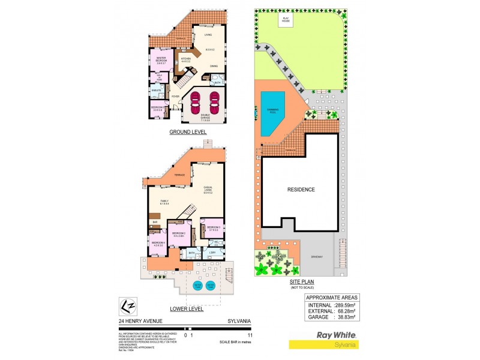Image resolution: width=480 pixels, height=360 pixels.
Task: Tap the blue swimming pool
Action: [x=273, y=113]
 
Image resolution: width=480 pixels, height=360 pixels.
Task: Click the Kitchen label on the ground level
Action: [x=186, y=59]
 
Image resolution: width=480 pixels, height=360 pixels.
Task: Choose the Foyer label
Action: [x=176, y=96]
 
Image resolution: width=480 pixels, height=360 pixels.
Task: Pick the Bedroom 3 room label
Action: [x=214, y=229]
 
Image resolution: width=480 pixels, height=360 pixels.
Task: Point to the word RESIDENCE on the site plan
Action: [x=301, y=189]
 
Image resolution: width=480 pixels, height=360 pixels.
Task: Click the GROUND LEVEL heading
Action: [x=187, y=131]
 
